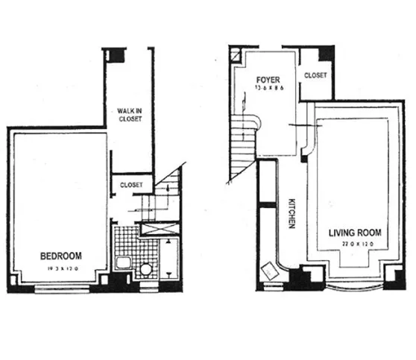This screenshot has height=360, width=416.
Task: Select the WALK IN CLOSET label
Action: pos(130,117)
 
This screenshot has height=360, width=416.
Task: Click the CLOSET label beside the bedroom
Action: pos(131,184)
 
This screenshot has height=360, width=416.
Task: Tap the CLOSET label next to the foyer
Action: pos(315,75)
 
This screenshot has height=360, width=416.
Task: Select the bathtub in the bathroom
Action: pos(168,258)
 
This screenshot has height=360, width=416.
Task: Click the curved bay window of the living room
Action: pos(353,287)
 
